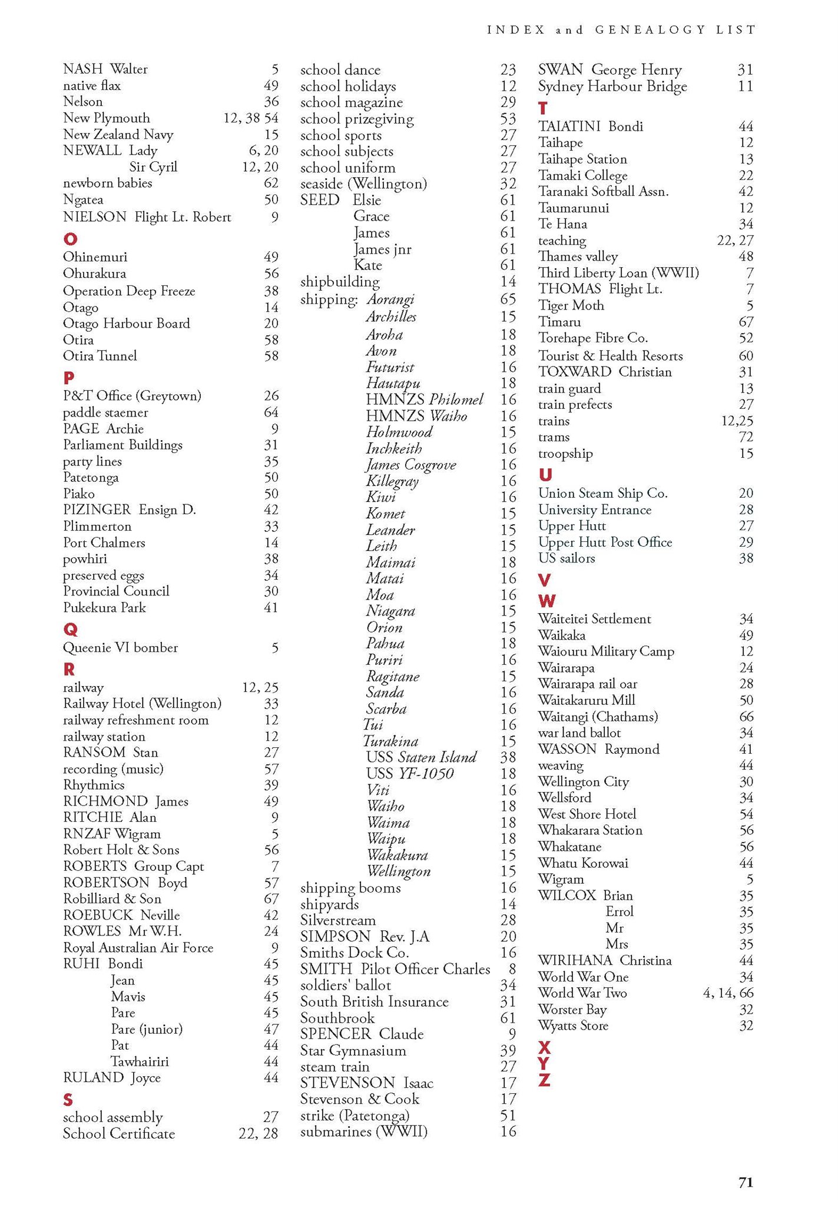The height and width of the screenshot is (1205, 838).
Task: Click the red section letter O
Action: click(x=70, y=239)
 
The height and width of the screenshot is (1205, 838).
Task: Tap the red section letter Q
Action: click(x=70, y=630)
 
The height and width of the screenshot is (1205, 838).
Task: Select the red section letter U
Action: click(x=545, y=475)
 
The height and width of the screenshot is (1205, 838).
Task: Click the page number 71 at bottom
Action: click(x=746, y=1182)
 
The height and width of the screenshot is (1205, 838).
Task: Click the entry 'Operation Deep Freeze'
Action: click(x=129, y=291)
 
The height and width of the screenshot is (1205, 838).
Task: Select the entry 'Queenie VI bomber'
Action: click(x=120, y=648)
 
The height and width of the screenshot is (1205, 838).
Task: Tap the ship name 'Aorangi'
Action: click(x=390, y=299)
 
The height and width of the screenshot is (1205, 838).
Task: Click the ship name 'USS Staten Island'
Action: click(x=421, y=757)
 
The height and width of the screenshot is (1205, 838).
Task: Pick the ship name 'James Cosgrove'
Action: click(x=410, y=465)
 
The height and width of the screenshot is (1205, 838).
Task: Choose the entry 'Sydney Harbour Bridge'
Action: click(x=612, y=86)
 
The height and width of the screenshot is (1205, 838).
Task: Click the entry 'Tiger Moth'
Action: click(x=571, y=305)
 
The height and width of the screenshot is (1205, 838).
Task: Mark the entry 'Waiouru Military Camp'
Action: click(x=606, y=651)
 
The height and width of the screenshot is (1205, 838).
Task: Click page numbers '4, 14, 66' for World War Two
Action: click(x=728, y=993)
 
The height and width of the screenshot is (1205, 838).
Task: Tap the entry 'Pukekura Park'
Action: click(x=104, y=608)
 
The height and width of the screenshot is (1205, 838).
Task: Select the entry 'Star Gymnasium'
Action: click(x=353, y=1050)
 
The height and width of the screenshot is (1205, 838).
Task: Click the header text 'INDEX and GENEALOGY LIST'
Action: click(x=621, y=29)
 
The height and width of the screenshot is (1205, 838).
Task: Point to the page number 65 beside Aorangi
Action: click(x=508, y=299)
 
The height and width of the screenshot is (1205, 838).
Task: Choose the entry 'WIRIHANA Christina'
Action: click(x=604, y=960)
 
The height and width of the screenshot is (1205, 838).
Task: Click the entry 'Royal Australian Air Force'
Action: click(x=138, y=948)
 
